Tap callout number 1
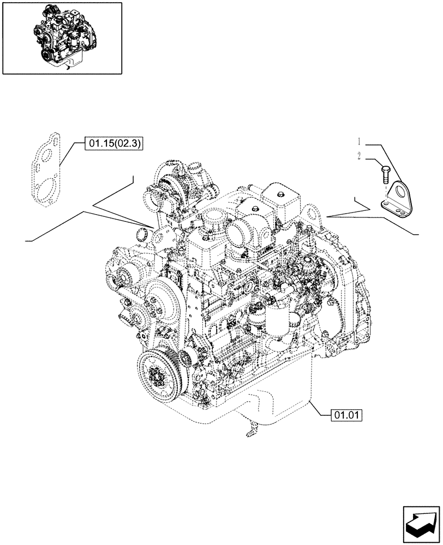point(360,142)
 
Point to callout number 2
point(360,156)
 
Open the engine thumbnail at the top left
point(62,38)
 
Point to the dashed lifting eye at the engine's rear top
point(309,213)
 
